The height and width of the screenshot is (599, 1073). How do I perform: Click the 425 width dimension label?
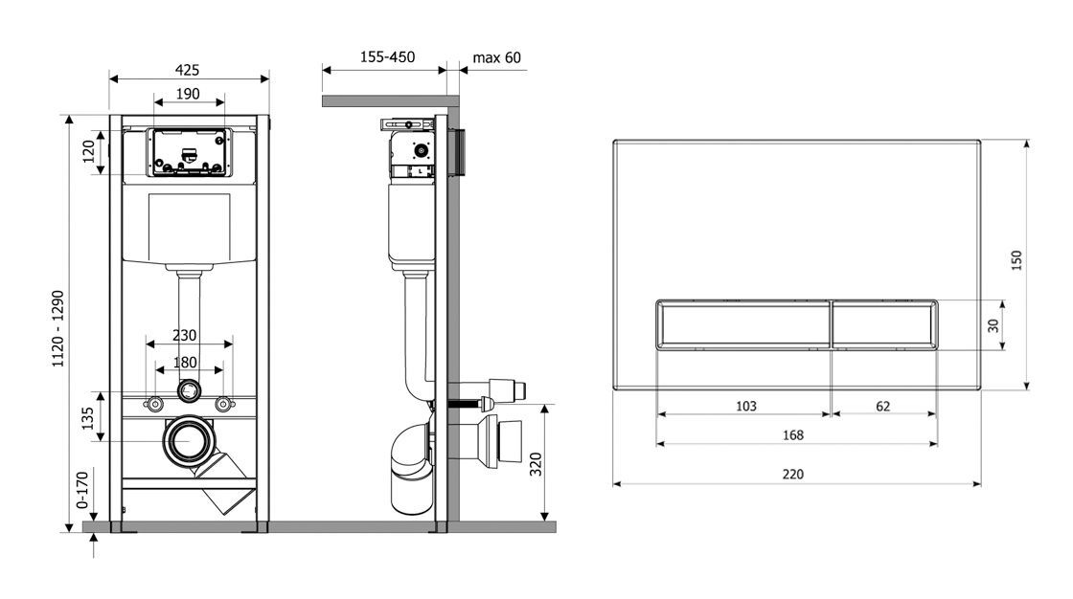188,70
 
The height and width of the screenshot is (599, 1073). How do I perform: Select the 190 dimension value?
188,94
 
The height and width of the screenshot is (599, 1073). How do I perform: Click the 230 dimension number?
185,336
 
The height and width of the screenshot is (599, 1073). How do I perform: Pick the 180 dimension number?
185,363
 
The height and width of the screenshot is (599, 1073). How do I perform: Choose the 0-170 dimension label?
83,486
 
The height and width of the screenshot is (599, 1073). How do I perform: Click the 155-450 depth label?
387,57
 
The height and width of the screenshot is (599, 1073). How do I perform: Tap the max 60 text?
497,57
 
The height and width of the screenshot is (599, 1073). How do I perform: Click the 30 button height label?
993,325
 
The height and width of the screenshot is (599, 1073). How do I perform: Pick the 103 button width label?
745,406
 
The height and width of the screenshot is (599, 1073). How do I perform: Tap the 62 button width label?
882,406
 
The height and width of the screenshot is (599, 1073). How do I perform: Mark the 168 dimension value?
792,435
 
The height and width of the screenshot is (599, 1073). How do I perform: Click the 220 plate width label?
792,474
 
